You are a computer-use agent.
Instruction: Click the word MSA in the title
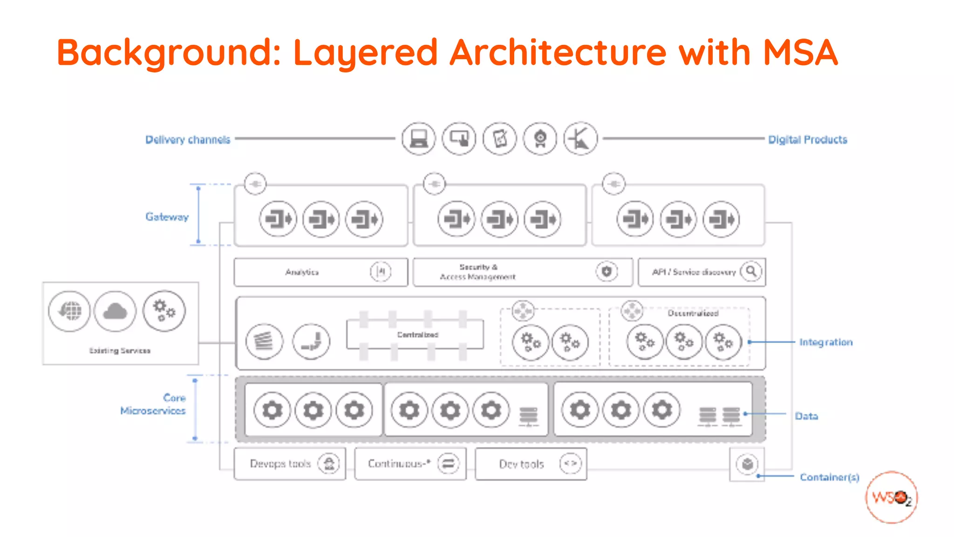(800, 52)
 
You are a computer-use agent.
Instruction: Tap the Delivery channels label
(188, 139)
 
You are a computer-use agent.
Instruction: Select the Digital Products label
(807, 139)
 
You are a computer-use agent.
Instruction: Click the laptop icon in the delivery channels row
(418, 139)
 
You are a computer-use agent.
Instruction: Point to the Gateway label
(167, 217)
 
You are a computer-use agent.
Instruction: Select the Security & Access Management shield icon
(606, 271)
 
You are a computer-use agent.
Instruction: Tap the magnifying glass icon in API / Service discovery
(751, 271)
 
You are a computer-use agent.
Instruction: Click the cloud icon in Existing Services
(115, 311)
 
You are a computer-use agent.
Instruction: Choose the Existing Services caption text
(120, 351)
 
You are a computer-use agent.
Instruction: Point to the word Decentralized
(693, 313)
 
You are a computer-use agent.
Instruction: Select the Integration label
(825, 342)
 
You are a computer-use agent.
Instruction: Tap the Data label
(806, 416)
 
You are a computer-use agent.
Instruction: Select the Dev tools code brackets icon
(570, 463)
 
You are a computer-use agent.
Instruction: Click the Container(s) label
(829, 477)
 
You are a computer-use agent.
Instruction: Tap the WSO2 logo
(891, 497)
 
